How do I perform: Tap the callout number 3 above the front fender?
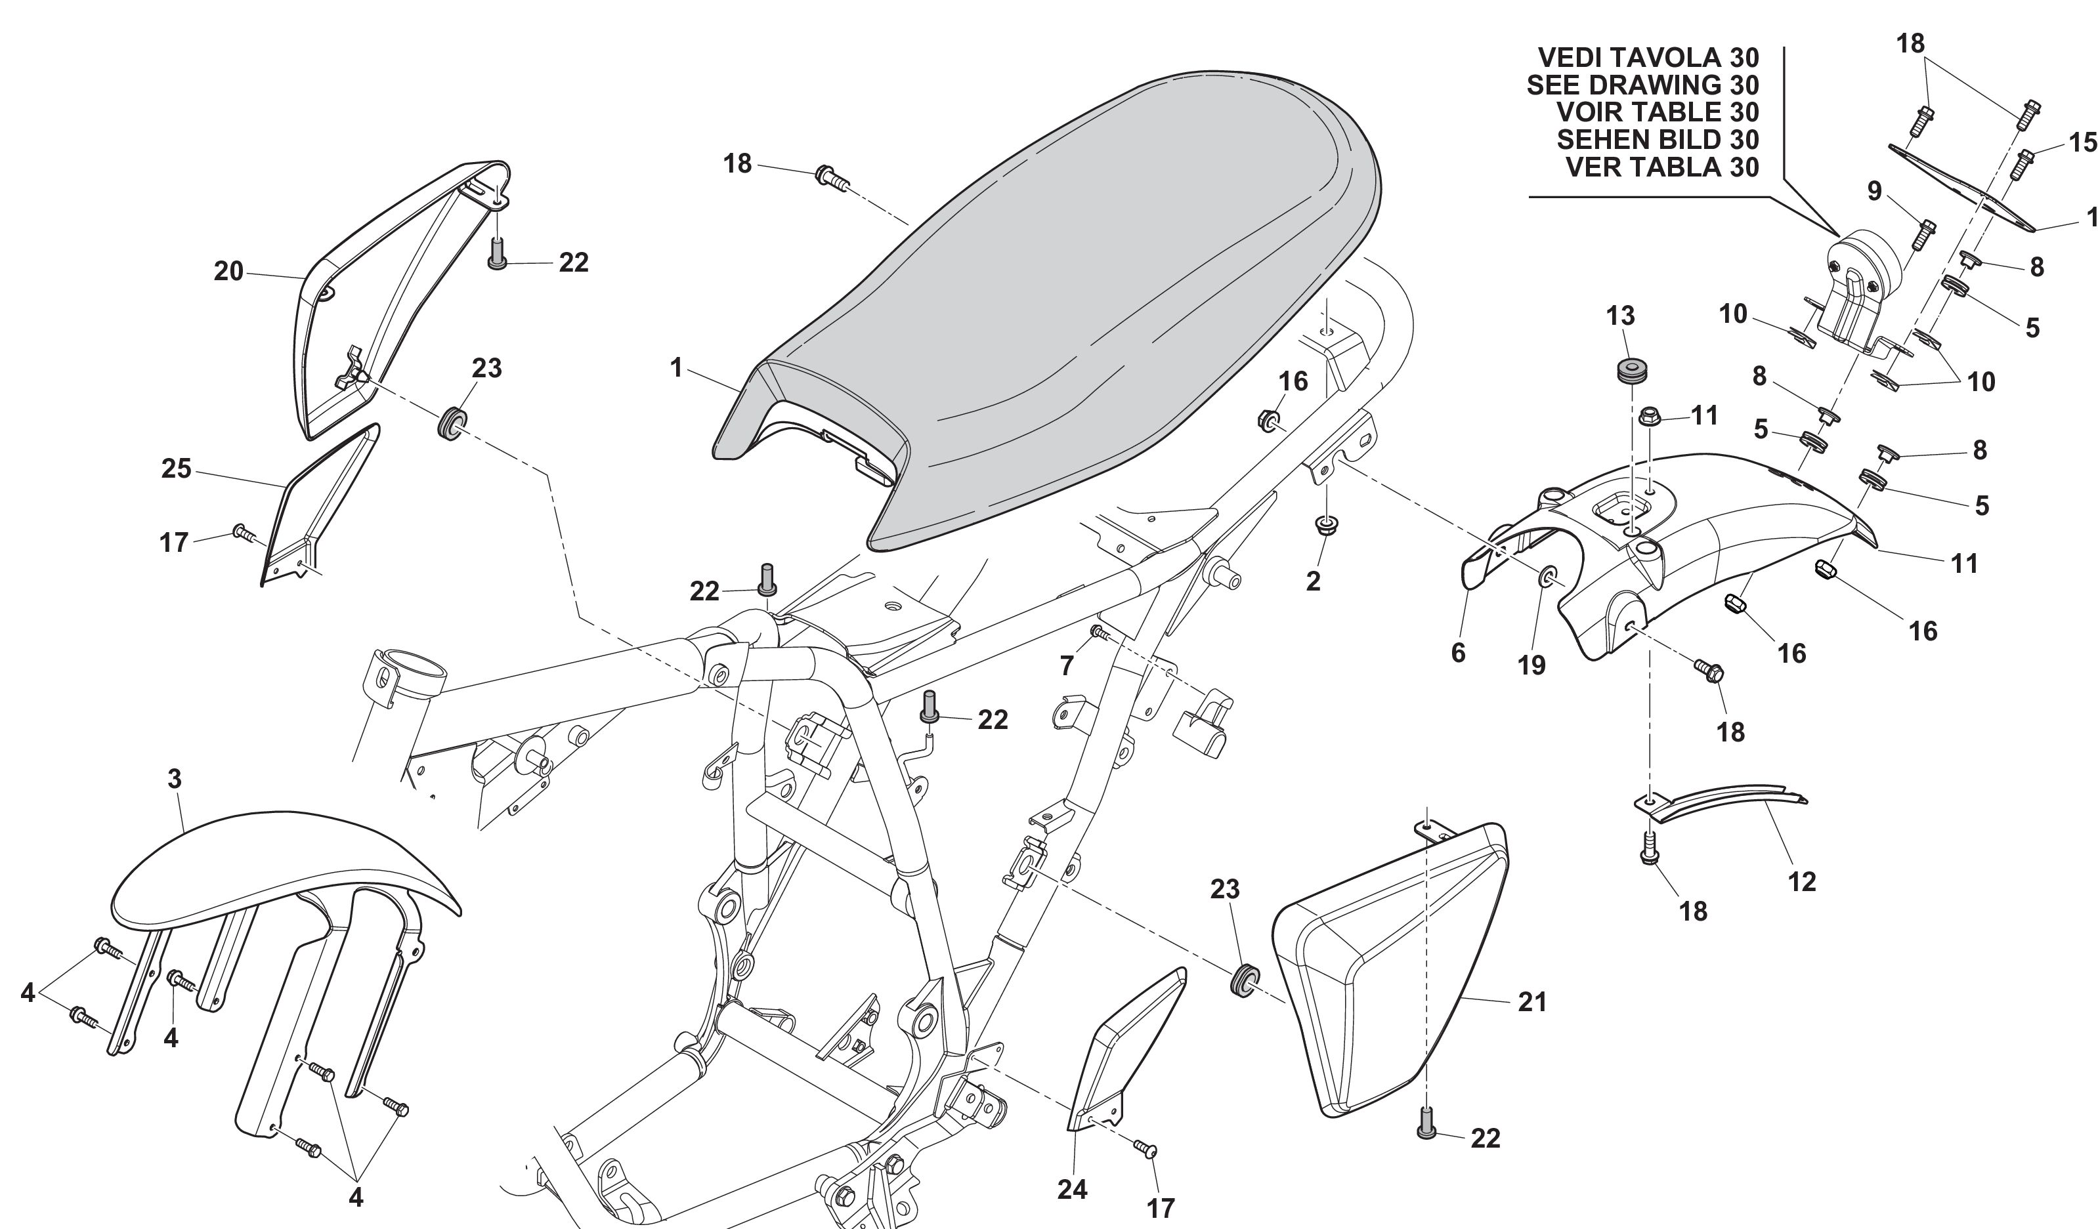[x=174, y=779]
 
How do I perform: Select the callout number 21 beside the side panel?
[x=1532, y=1002]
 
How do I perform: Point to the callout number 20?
[x=228, y=270]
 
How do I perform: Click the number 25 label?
[x=177, y=469]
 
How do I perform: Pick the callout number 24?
[x=1073, y=1190]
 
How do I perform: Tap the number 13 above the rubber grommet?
[x=1620, y=316]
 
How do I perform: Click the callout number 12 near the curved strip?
[x=1802, y=881]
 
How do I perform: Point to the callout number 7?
[x=1067, y=665]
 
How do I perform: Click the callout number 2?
[x=1313, y=581]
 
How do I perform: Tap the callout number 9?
[x=1874, y=192]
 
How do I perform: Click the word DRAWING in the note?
[x=1654, y=85]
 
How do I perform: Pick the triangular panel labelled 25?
[x=320, y=499]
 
